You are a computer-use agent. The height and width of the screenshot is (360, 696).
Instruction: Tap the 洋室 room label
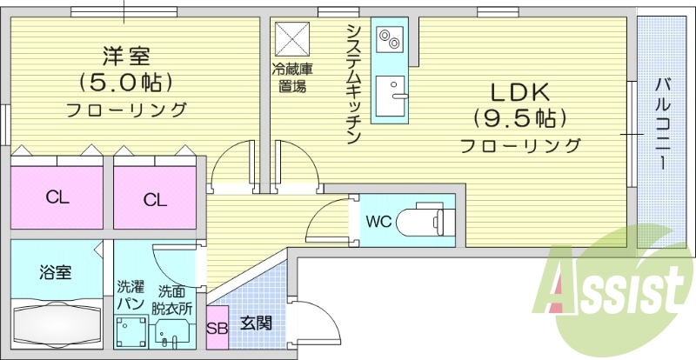coord(127,57)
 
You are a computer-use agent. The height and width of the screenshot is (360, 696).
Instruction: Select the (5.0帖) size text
coord(127,83)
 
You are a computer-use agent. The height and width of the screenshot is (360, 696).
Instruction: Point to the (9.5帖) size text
coord(520,117)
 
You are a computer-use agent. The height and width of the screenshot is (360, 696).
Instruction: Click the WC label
coord(378,221)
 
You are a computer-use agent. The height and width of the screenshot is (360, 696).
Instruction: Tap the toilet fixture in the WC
coord(422,221)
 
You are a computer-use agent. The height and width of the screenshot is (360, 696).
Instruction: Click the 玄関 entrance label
coord(256,323)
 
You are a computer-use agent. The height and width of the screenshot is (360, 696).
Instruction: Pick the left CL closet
coord(57,197)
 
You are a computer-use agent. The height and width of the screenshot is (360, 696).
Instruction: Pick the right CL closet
coord(155,199)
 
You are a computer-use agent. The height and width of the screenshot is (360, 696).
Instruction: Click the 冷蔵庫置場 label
coord(291,77)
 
